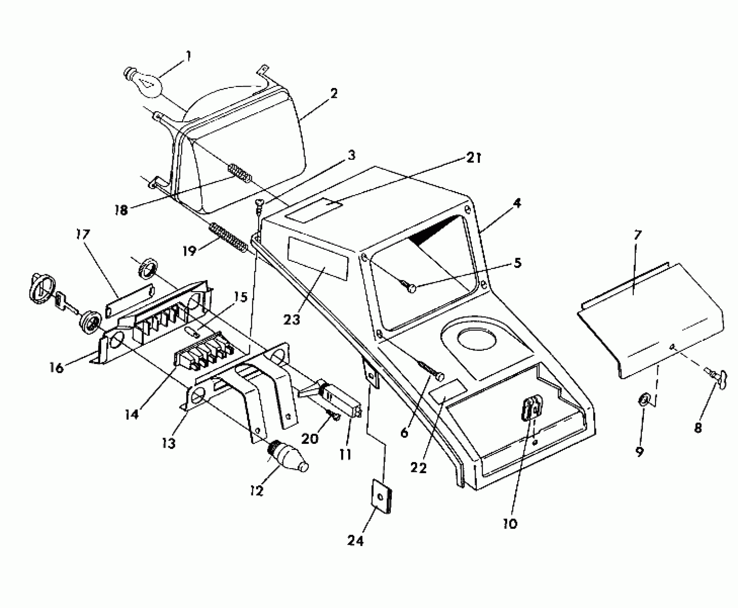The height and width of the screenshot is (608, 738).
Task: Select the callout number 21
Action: pos(474,158)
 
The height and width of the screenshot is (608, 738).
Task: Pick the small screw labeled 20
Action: pos(334,417)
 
